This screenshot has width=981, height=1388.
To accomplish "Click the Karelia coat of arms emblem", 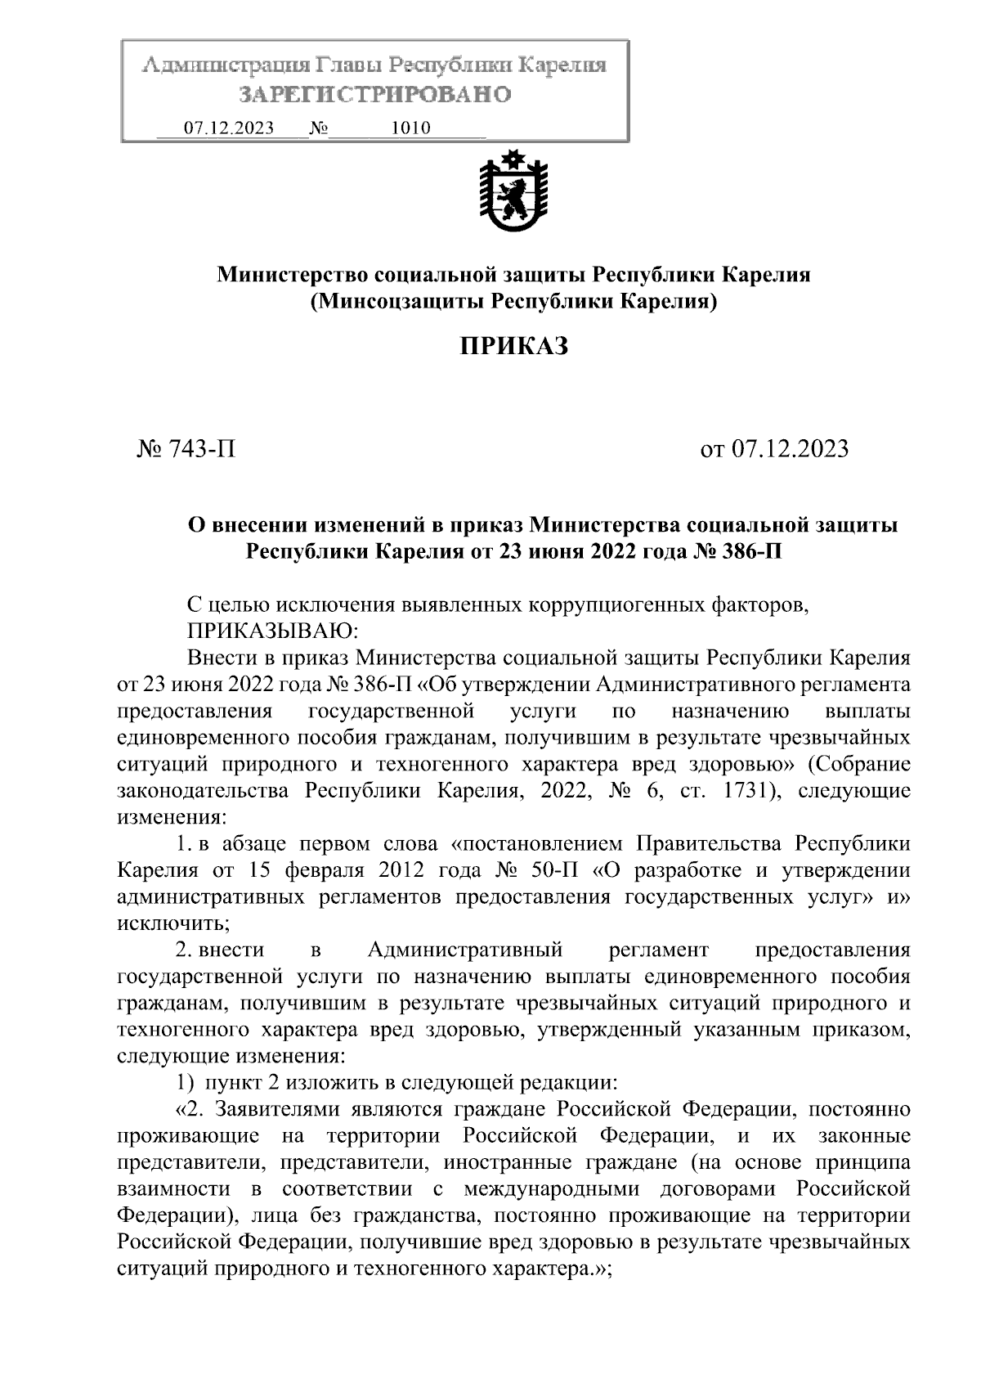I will pos(513,191).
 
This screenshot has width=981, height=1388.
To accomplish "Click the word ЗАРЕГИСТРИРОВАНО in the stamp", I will pos(375,95).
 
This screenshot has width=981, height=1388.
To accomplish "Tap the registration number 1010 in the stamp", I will pos(411,128).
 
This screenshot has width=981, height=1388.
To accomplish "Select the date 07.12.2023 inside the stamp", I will pos(228,128).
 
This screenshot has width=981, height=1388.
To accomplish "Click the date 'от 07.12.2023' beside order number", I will pos(774,449).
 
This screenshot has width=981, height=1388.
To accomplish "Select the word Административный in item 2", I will pos(465,950).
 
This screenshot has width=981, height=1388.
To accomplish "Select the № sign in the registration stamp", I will pos(319,128).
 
